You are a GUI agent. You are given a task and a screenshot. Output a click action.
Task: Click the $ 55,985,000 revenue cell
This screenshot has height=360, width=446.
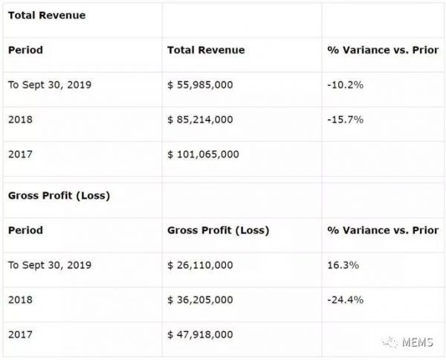[201, 85]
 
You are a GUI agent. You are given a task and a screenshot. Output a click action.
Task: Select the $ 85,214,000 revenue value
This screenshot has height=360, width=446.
[201, 119]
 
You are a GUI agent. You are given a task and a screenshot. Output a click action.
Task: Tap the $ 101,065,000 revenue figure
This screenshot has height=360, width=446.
[204, 154]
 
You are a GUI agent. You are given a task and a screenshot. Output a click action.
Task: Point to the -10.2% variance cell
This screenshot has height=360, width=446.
[345, 85]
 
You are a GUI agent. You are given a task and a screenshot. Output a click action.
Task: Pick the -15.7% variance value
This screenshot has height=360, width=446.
[345, 119]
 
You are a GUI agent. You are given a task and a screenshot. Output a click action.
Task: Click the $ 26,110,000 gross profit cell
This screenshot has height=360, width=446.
[201, 265]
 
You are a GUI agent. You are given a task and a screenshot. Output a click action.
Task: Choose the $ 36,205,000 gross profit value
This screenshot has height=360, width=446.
[201, 300]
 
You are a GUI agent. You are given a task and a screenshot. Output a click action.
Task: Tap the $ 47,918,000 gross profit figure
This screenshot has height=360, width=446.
[201, 334]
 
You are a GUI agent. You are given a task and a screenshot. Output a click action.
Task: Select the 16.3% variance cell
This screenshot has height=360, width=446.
[343, 265]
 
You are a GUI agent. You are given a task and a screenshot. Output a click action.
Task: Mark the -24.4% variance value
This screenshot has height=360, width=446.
[345, 300]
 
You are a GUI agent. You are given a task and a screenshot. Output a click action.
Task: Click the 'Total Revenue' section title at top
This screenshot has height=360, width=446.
[46, 15]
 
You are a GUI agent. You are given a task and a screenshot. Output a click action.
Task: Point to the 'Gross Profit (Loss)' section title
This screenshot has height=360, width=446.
[59, 195]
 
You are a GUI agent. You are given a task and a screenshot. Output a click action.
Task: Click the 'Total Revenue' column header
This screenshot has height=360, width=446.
[206, 50]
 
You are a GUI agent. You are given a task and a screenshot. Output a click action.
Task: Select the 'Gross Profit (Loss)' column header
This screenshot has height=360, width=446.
[219, 230]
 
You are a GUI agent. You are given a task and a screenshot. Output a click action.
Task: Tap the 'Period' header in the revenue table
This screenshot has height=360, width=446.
[25, 50]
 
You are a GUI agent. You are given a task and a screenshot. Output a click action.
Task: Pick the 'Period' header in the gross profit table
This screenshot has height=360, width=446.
[25, 230]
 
